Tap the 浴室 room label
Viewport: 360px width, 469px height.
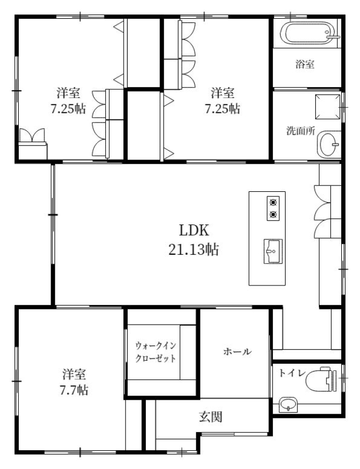305,64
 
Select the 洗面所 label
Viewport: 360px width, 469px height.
301,131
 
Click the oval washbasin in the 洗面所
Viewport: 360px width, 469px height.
329,144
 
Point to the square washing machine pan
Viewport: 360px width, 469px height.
327,107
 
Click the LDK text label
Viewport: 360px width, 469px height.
193,231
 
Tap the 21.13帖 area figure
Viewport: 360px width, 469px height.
193,249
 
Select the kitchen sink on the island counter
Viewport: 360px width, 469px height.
273,251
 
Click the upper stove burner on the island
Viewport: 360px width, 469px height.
273,203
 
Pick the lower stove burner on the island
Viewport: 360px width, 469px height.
273,214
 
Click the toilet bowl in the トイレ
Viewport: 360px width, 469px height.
321,379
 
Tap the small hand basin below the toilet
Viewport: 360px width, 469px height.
288,405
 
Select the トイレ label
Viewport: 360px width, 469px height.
292,373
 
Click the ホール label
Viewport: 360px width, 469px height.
238,351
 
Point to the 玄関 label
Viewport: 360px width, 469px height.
211,416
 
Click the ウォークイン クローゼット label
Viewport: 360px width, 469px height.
155,352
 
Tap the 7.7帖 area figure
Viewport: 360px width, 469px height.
74,390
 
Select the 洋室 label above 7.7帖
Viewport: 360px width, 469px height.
74,374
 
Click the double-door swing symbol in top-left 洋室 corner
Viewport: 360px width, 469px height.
32,135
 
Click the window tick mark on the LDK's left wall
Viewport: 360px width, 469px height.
53,215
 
